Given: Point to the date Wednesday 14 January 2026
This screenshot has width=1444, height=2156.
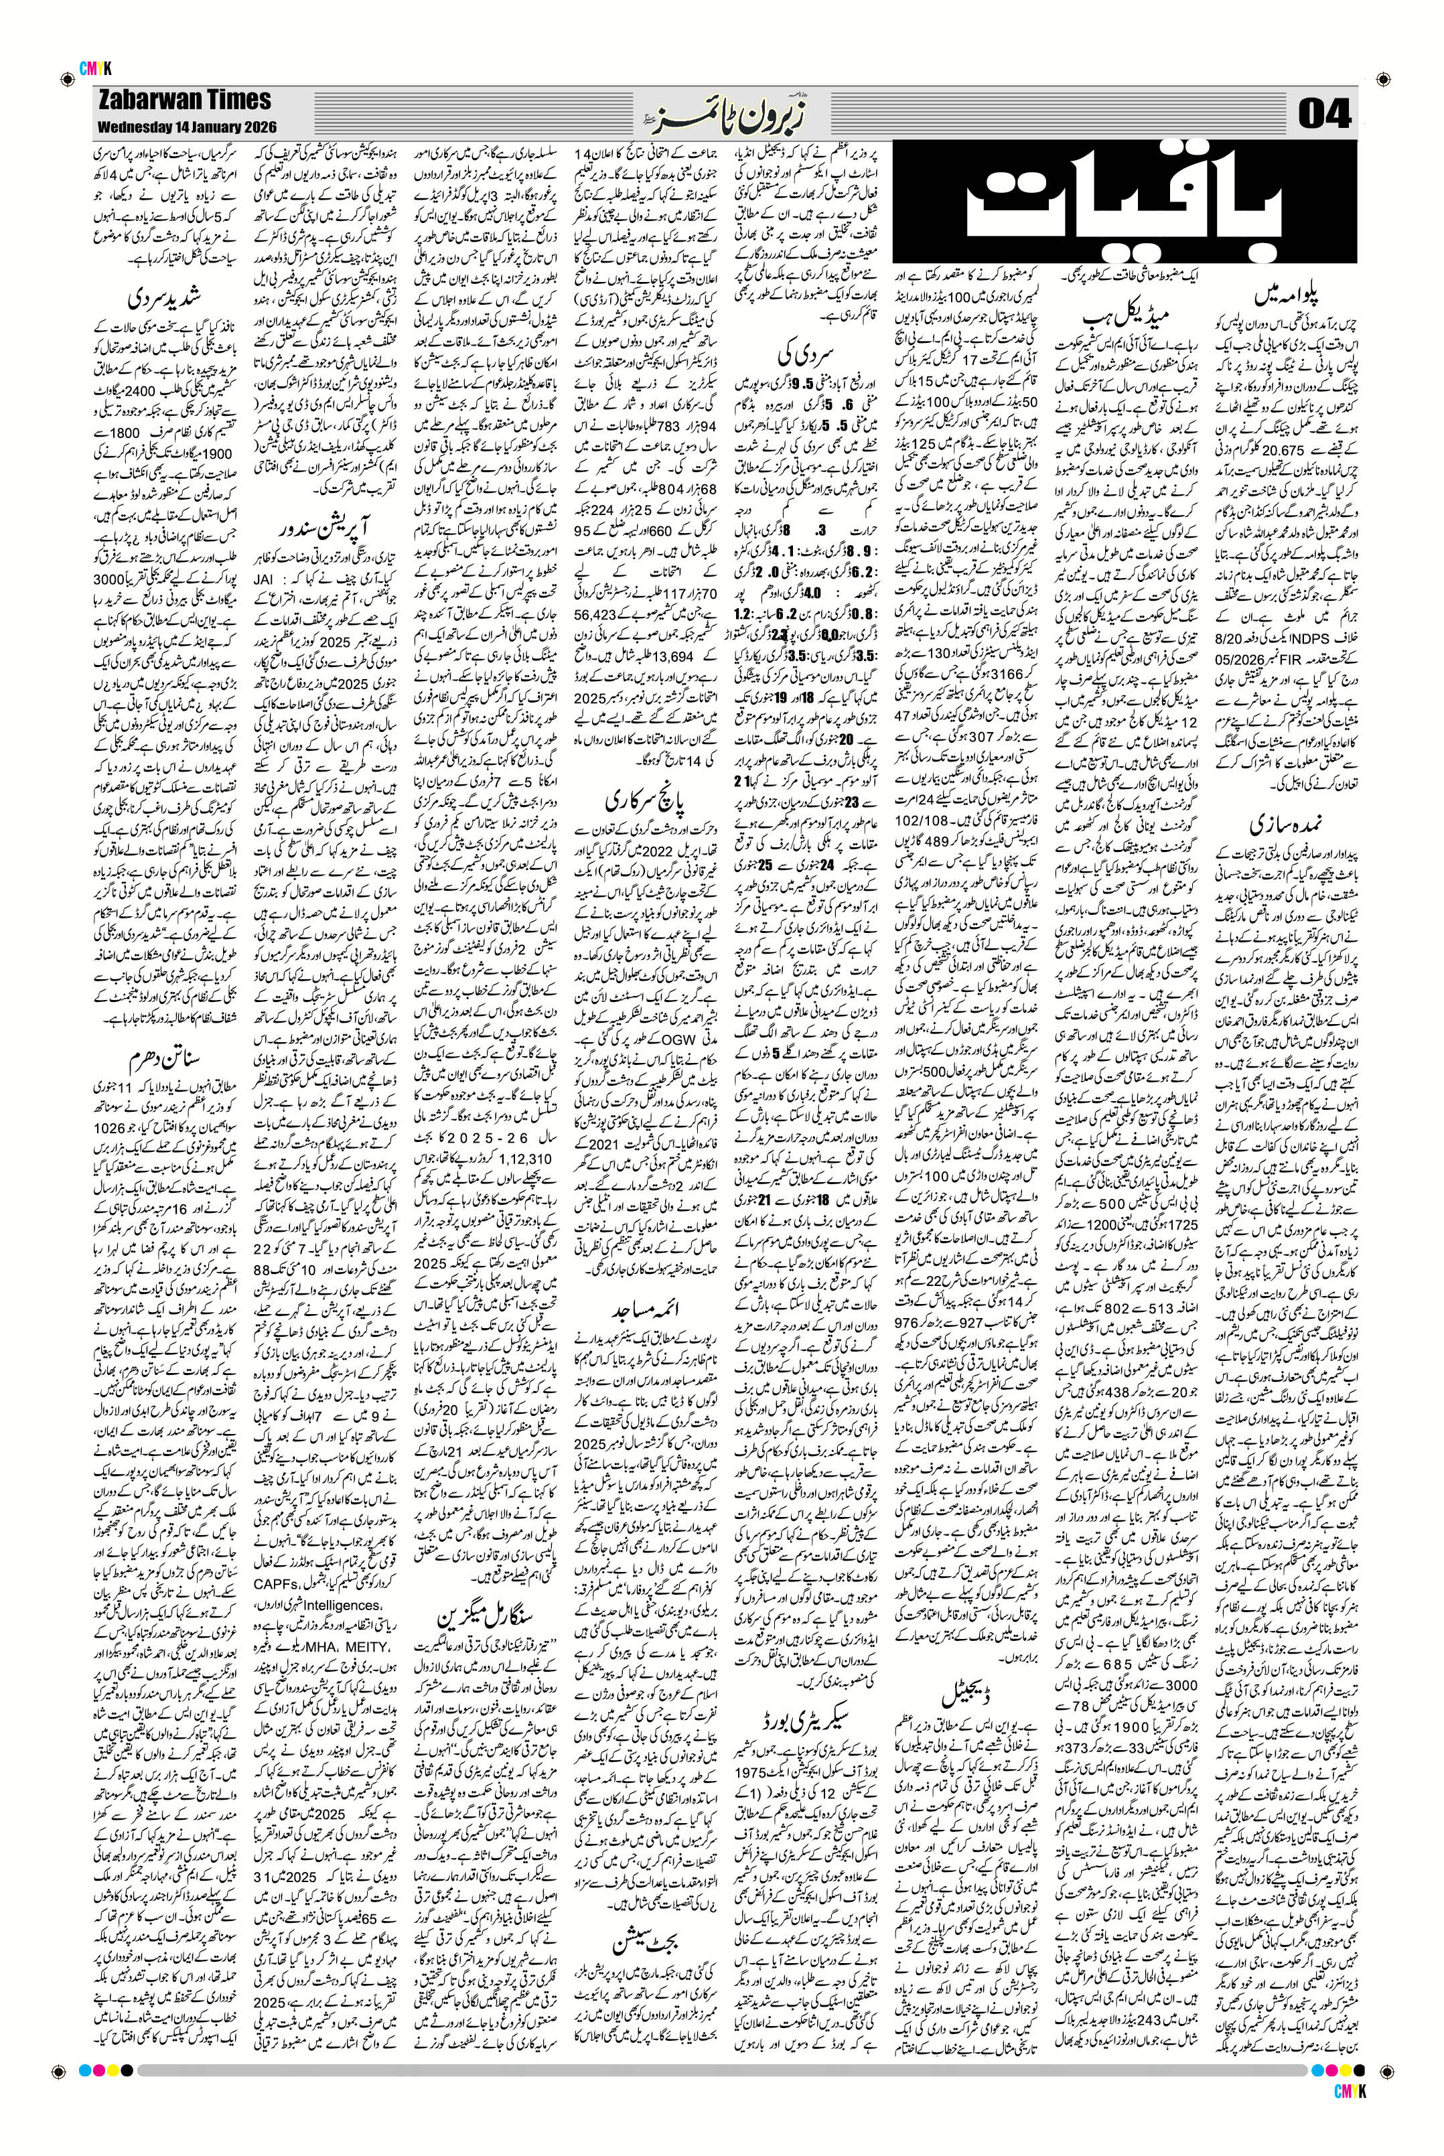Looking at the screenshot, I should point(186,126).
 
